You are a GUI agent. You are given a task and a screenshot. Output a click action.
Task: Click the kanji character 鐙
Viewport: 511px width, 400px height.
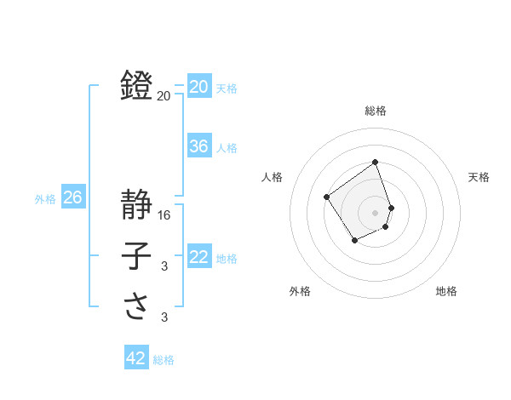[x=137, y=85]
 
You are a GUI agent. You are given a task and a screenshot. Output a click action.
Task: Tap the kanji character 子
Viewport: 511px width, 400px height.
[x=137, y=255]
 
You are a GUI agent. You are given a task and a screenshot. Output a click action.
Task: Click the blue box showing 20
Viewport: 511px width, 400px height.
[x=199, y=86]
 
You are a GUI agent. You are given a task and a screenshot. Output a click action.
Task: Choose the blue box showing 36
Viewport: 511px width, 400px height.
[x=199, y=146]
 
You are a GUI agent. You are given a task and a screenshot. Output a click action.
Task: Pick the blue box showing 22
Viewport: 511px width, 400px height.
[x=199, y=256]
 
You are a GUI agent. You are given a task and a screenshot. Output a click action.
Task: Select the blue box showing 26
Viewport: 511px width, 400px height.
[x=72, y=197]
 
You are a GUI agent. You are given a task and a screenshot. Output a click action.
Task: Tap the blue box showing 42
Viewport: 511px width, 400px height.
[x=136, y=358]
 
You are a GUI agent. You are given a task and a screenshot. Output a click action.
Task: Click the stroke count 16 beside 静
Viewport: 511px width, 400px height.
[x=165, y=215]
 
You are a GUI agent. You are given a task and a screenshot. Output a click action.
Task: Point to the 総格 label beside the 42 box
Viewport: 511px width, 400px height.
[x=164, y=360]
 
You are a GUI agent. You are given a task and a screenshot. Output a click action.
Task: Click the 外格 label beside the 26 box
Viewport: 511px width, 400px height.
[x=45, y=199]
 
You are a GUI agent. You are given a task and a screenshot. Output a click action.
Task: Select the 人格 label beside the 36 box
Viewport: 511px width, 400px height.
[x=227, y=148]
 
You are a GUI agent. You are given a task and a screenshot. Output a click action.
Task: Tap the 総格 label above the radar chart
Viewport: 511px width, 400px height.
[x=375, y=111]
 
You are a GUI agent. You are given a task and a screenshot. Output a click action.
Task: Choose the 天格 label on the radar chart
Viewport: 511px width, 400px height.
[x=479, y=177]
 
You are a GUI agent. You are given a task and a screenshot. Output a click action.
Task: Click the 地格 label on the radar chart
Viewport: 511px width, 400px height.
[x=446, y=291]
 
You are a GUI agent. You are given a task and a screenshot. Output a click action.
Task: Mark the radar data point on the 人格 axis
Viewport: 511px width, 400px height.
[x=327, y=197]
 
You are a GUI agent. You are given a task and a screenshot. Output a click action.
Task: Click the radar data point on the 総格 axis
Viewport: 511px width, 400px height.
[x=375, y=162]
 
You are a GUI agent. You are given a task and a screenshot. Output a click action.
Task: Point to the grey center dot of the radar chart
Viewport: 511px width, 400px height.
[x=375, y=212]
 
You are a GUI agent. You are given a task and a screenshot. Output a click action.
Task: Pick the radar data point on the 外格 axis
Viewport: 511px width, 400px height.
[x=355, y=240]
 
